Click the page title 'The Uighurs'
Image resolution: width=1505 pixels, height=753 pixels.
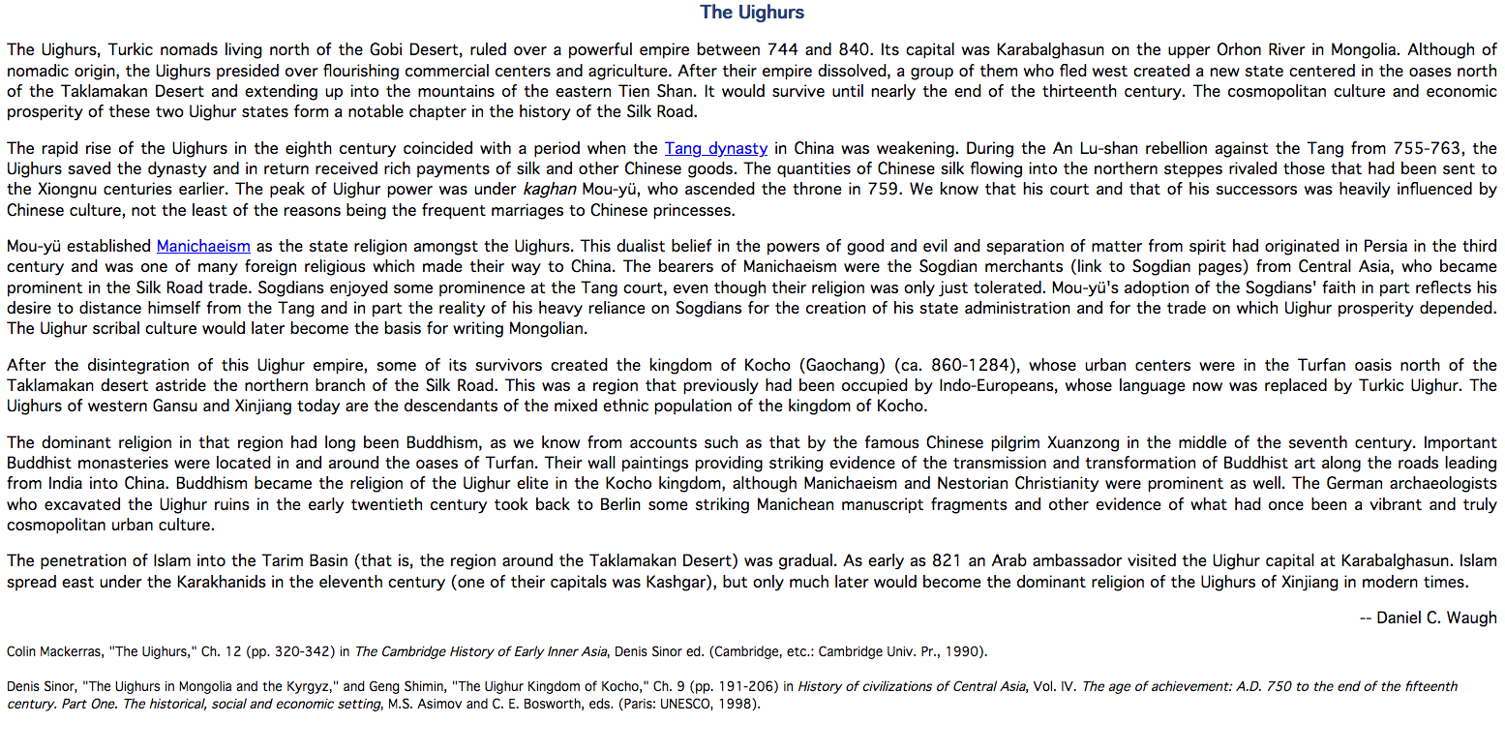tap(752, 13)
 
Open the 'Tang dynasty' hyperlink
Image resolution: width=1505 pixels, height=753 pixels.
tap(715, 149)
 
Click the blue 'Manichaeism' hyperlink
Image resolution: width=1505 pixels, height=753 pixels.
tap(203, 247)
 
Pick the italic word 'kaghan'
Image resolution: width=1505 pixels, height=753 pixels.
tap(549, 190)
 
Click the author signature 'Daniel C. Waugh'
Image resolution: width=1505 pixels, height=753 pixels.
tap(1436, 617)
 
